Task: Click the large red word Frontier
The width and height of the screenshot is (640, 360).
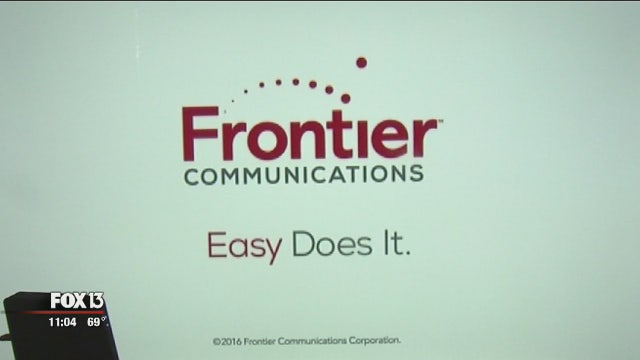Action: point(310,134)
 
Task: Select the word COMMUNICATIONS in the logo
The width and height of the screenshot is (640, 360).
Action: point(303,174)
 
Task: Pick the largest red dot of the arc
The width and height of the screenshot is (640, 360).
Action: point(361,62)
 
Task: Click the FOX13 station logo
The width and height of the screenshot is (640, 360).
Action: point(77,302)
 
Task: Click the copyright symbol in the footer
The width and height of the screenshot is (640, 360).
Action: point(216,340)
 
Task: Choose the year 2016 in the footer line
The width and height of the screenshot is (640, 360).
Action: point(231,340)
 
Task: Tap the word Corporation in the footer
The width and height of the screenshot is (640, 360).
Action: point(371,340)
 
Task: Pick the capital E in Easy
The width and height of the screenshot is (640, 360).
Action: point(215,244)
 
